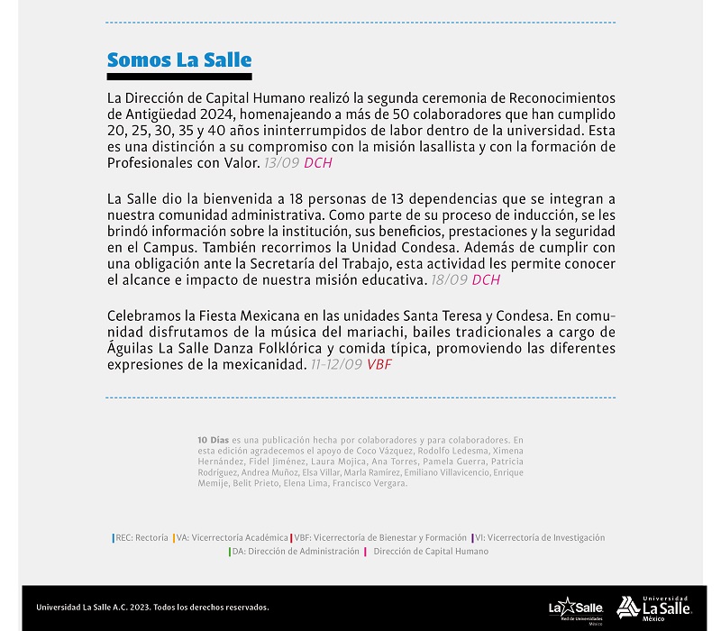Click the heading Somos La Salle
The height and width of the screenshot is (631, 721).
point(178,60)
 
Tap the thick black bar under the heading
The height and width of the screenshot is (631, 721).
point(178,76)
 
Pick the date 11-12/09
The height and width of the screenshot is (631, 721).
point(336,365)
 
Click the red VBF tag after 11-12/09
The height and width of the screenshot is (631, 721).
point(379,365)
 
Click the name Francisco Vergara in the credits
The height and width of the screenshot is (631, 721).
point(377,483)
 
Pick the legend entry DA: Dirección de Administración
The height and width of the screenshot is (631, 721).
point(295,552)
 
